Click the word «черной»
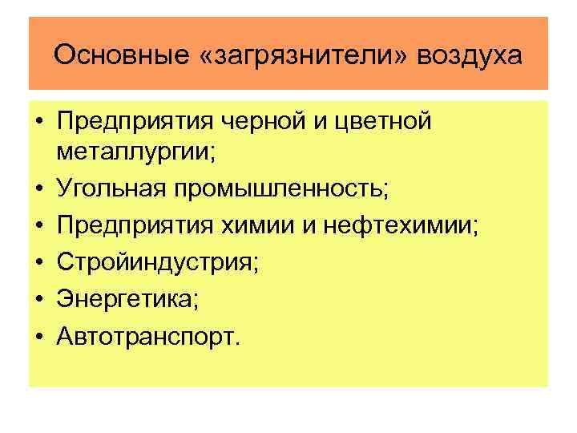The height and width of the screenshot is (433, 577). pos(248,123)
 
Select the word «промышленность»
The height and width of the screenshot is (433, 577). pos(278,189)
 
